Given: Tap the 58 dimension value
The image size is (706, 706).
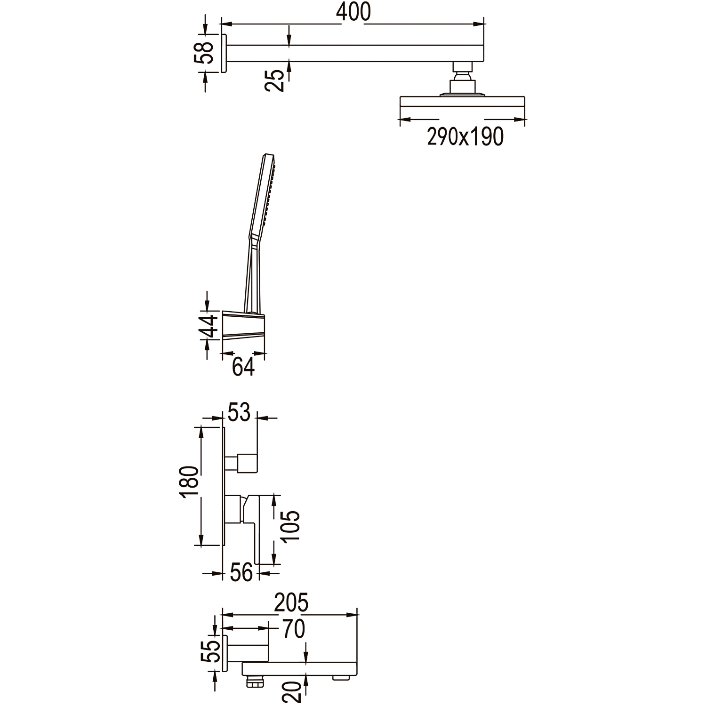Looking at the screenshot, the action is coord(204,53).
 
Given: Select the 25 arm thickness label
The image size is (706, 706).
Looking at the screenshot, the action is coord(275,80).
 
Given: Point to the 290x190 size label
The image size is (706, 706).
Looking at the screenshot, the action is coord(465,136).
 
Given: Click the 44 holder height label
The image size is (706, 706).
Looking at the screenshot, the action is coord(208,326).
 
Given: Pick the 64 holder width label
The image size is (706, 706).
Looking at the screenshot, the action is coord(243,366).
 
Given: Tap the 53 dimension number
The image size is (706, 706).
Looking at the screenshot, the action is coord(239,412).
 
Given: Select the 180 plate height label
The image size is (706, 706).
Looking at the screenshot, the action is coord(190,482).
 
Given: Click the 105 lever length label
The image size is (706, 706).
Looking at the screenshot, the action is coord(290,525).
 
